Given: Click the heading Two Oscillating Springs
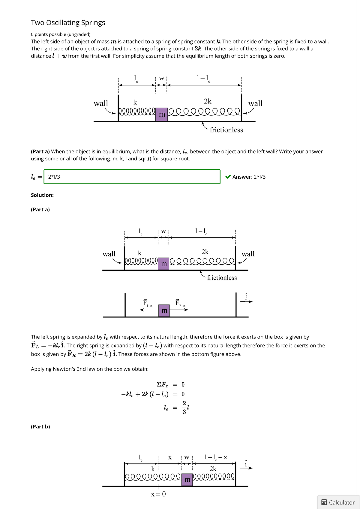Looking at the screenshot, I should [x=68, y=23].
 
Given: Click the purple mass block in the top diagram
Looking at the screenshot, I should [x=162, y=115].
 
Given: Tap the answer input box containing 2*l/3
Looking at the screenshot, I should [x=132, y=177].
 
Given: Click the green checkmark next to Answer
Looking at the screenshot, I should [x=228, y=177].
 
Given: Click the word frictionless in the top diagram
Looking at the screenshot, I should [x=226, y=130].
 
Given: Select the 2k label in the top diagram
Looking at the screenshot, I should [x=208, y=101].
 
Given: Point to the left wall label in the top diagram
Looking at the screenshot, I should [x=101, y=103].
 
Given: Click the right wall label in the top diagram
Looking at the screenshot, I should [x=255, y=103].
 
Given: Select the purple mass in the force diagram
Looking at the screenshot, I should [x=164, y=311].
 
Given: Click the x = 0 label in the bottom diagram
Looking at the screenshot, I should [x=158, y=494].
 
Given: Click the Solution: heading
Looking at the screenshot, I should [x=42, y=195].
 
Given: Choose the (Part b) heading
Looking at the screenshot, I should [x=40, y=427].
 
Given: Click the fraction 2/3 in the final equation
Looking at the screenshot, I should [x=184, y=407].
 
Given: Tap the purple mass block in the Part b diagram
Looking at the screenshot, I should [x=187, y=480].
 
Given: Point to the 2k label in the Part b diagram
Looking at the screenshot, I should [x=213, y=469].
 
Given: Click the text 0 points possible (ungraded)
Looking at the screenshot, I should [x=61, y=34].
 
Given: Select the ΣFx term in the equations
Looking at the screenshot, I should [x=163, y=385].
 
